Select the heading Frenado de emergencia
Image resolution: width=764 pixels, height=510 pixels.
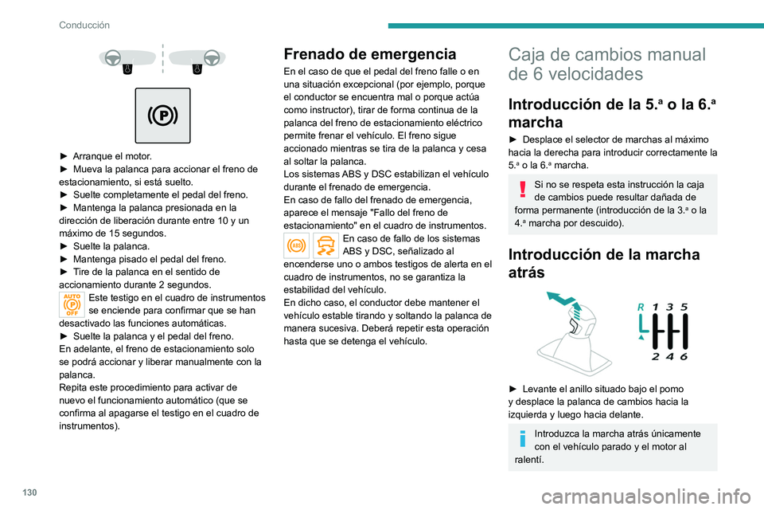point(369,55)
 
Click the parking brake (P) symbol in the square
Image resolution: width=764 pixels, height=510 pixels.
point(162,116)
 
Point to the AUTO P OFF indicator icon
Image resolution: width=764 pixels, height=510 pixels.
point(72,304)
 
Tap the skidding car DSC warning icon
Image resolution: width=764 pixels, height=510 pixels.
point(325,246)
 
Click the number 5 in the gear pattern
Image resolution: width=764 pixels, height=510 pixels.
point(684,306)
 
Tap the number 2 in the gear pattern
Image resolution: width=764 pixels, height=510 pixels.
point(654,356)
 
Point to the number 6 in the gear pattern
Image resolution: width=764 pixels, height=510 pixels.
point(684,356)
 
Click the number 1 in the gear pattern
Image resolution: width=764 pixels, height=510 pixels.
point(654,306)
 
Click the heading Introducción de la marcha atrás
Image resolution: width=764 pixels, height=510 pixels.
point(605,264)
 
